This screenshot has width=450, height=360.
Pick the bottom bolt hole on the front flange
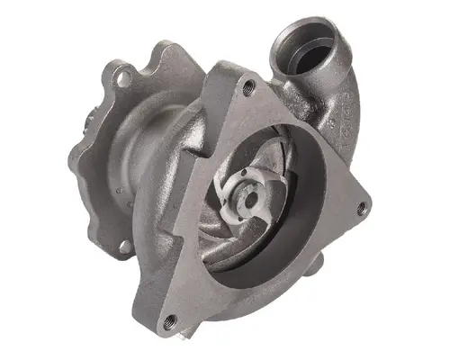coord(168,319)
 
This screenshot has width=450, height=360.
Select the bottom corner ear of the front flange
coord(166,319)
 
